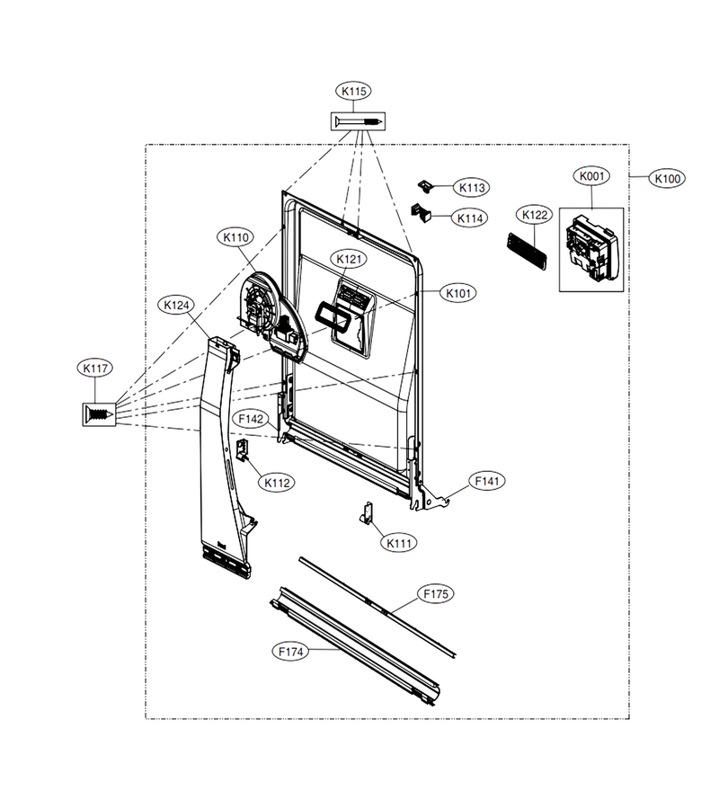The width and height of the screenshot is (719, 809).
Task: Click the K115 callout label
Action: [354, 92]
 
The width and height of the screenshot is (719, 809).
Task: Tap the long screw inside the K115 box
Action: [359, 121]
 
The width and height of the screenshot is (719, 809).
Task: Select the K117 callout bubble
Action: [95, 369]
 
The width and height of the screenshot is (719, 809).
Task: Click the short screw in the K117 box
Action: [100, 414]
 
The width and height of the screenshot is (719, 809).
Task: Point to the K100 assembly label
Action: [668, 179]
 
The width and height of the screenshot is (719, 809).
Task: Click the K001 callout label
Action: [591, 176]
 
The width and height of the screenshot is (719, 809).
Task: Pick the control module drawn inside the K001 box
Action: [591, 249]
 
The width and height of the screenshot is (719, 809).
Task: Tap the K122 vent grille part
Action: [527, 252]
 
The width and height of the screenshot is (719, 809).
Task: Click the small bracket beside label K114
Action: [421, 213]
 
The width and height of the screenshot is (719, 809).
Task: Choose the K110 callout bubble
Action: [235, 238]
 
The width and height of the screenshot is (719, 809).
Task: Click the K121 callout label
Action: [350, 259]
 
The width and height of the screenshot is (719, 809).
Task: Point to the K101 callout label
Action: [458, 293]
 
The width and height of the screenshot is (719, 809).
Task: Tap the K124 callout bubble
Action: [176, 306]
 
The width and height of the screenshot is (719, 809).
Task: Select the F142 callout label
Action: [251, 419]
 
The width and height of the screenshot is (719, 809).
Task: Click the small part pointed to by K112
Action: [242, 449]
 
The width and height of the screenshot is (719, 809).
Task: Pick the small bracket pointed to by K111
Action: [366, 512]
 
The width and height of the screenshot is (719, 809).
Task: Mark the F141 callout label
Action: [487, 481]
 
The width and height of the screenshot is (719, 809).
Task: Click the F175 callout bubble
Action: [436, 594]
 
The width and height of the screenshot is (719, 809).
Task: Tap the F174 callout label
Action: [290, 652]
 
